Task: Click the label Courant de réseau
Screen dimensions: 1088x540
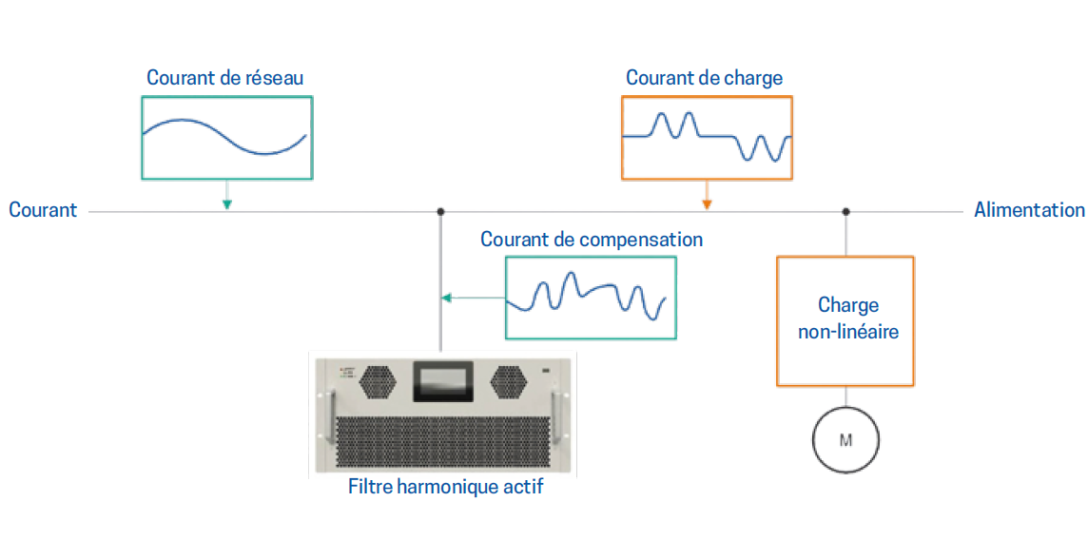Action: pos(224,78)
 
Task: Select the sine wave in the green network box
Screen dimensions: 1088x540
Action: pos(224,136)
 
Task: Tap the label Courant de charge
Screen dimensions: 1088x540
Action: pos(705,77)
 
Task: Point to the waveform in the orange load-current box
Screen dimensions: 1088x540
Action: pos(707,136)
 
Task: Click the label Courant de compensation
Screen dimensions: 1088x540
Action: pos(592,240)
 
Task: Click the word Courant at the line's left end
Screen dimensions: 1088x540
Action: pos(43,210)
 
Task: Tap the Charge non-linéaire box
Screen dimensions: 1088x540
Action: pos(845,321)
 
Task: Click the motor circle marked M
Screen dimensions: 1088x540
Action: pos(845,439)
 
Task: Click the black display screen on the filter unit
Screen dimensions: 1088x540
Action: pos(441,381)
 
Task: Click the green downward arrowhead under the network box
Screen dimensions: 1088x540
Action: pos(226,204)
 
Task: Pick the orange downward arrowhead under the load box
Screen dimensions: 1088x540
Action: pos(707,204)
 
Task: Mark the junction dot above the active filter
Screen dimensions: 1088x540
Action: pos(440,211)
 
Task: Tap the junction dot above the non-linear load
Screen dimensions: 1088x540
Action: pos(845,211)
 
